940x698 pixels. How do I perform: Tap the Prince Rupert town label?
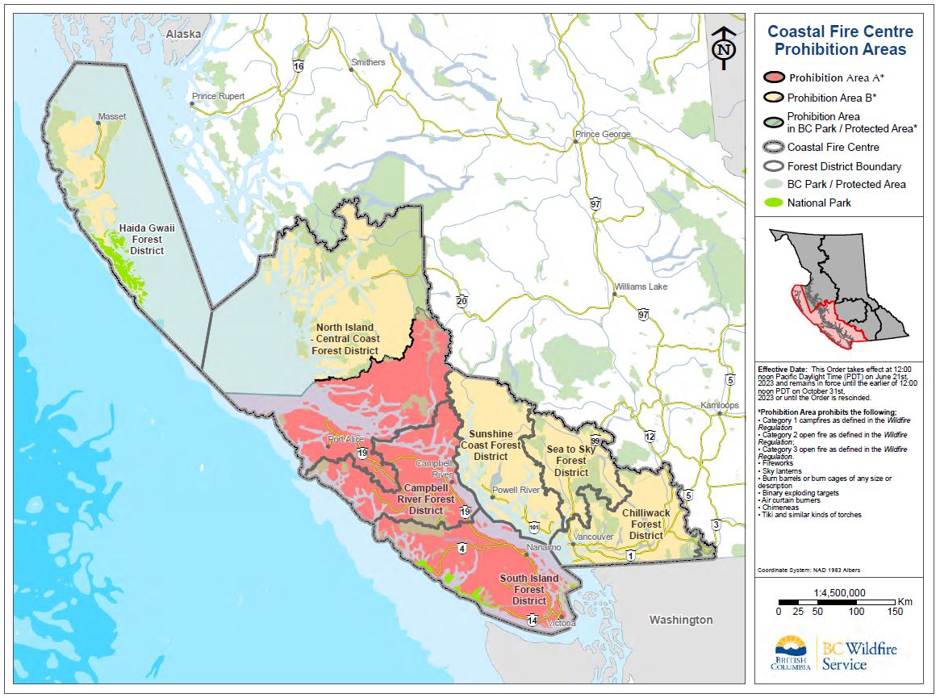click(218, 96)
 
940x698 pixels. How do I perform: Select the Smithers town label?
click(368, 62)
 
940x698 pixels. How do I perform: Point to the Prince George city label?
click(603, 134)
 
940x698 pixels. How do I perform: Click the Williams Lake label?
click(641, 286)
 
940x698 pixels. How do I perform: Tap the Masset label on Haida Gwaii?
click(111, 117)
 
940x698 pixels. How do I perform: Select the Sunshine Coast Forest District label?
click(491, 445)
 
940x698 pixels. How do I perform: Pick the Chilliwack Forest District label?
click(645, 524)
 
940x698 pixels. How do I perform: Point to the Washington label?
click(682, 620)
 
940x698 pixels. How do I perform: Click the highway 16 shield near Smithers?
click(298, 65)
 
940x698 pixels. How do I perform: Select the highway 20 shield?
click(462, 301)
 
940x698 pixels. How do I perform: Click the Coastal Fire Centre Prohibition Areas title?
click(840, 40)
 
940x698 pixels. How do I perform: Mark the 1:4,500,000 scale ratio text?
click(839, 592)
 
